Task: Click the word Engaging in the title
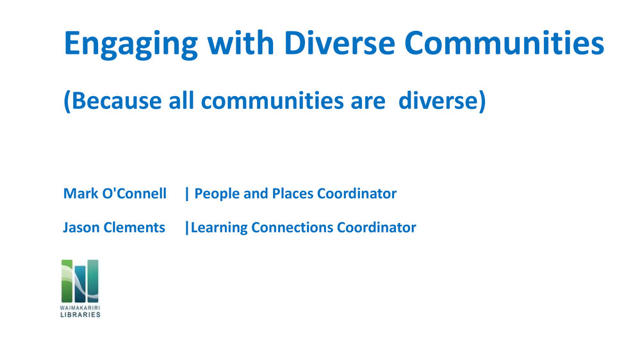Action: tap(131, 44)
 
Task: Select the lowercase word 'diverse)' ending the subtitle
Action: tap(442, 101)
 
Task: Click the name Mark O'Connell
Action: tap(115, 193)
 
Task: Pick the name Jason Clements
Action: tap(114, 227)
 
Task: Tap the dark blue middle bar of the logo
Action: tap(80, 284)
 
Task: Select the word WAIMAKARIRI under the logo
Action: tap(80, 307)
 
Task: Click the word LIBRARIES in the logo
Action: tap(81, 315)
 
